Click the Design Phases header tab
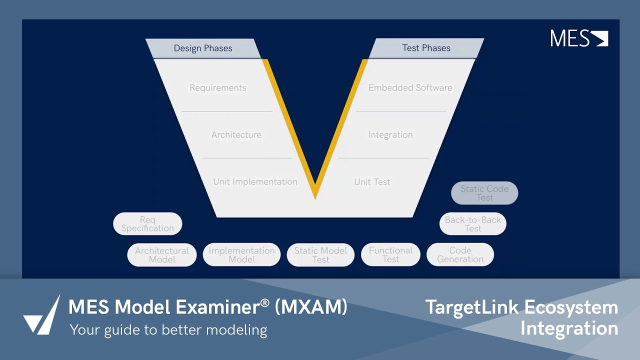[203, 48]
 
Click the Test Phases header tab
[426, 48]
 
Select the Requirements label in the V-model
[218, 88]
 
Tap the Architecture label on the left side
[236, 135]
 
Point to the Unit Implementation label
[255, 182]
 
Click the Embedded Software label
[410, 88]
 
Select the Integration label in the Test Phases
[390, 135]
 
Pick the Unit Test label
[372, 182]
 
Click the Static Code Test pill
[484, 193]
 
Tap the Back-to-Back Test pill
[473, 224]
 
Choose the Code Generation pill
[460, 255]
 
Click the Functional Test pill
[390, 255]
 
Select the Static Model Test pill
[320, 255]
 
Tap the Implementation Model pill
[241, 255]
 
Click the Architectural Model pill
[162, 255]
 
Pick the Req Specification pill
[147, 224]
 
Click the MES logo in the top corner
[579, 38]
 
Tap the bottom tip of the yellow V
[315, 196]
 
